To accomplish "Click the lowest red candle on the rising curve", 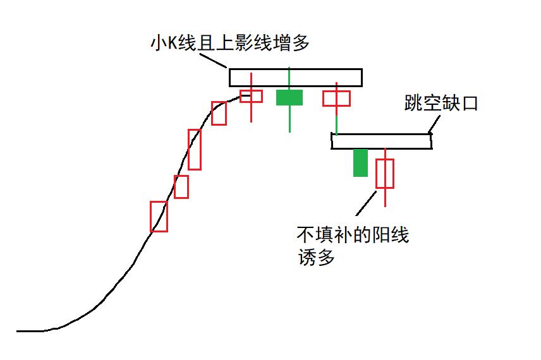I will [x=159, y=217].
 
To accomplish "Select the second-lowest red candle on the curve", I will [x=181, y=187].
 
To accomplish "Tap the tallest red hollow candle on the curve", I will [x=195, y=150].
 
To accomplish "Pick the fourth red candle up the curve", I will [x=219, y=113].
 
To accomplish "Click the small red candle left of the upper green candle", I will [x=252, y=96].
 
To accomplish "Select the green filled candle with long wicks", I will [x=289, y=97].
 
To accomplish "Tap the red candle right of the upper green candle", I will [x=336, y=98].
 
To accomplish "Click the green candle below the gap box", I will [x=360, y=163].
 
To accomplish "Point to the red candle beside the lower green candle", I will [x=385, y=174].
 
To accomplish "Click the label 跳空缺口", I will [x=441, y=103].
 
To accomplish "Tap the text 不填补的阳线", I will [x=353, y=236].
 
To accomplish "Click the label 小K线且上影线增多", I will [x=230, y=43].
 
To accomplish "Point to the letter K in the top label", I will [x=170, y=43].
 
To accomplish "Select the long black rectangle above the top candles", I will [x=296, y=77].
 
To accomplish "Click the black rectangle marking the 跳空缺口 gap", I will [x=381, y=141].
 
